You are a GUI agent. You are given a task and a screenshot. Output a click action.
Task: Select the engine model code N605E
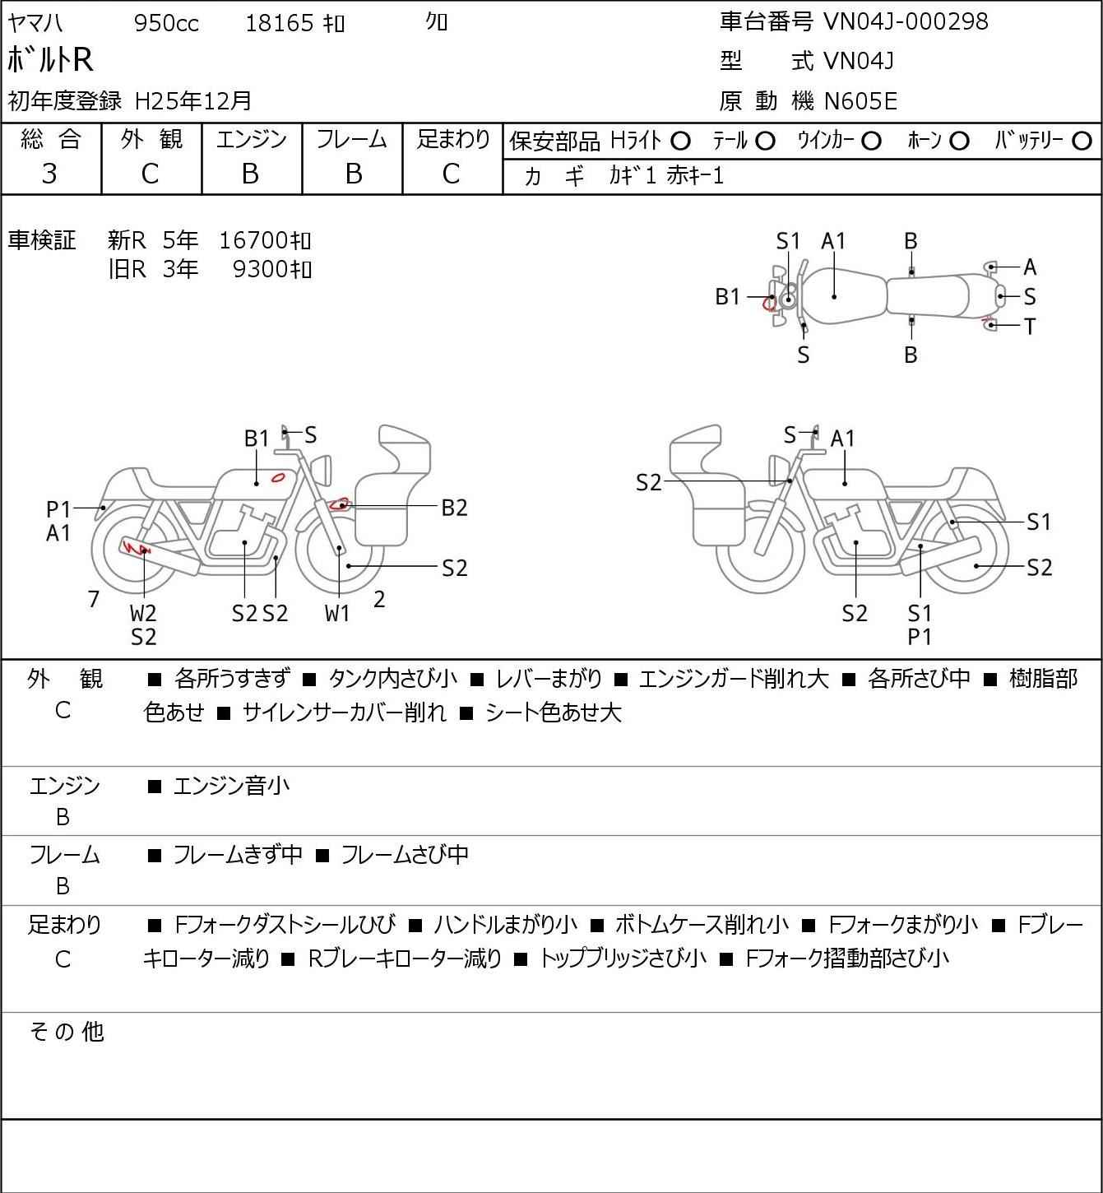[860, 101]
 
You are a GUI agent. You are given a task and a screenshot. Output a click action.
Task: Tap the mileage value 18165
[280, 23]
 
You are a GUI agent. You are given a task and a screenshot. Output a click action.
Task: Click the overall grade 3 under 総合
[49, 174]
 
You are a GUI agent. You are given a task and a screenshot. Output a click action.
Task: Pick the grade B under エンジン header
[251, 174]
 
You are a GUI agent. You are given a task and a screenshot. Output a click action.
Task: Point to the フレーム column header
[352, 140]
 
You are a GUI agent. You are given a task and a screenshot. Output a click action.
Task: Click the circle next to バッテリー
[1082, 142]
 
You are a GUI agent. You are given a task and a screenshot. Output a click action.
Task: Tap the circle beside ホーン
[959, 142]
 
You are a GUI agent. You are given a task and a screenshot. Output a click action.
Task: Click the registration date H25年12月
[193, 101]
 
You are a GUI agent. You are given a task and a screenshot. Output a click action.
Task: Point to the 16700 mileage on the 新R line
[253, 241]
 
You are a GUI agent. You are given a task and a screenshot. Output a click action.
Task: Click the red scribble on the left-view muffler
[137, 547]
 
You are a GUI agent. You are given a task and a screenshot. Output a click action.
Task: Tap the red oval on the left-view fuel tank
[279, 477]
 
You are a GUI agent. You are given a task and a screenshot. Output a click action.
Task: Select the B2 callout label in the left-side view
[454, 508]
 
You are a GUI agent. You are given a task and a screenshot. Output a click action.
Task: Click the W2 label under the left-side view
[143, 613]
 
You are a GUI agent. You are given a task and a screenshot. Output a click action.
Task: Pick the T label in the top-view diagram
[1029, 327]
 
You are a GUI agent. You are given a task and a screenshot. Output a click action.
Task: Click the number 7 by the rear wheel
[94, 599]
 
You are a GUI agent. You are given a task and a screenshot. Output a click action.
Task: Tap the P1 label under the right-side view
[920, 637]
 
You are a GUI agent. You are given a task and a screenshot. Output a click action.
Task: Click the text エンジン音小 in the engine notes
[231, 787]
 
